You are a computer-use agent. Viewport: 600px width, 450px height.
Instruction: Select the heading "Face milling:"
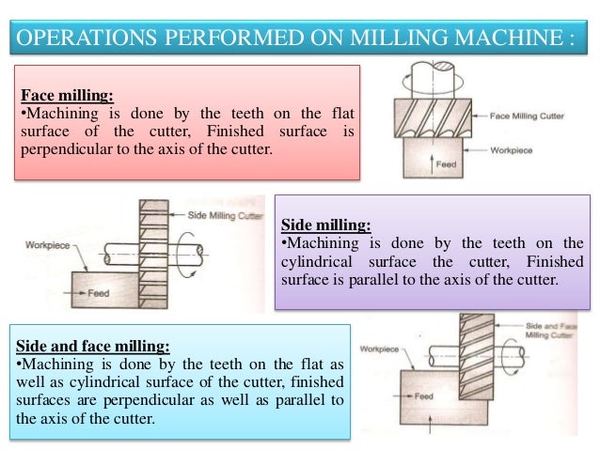click(x=67, y=95)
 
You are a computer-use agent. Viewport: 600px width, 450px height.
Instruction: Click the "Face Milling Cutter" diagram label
click(x=527, y=116)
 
